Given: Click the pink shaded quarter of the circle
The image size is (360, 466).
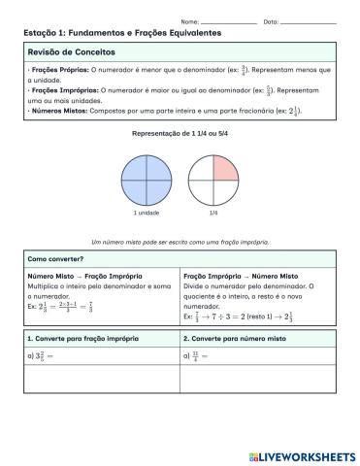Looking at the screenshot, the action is (x=224, y=168).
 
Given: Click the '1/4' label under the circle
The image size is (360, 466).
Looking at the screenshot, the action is (x=213, y=213).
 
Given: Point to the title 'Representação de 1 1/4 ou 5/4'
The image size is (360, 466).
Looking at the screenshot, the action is (x=180, y=132).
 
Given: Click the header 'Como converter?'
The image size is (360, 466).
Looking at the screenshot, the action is (x=54, y=260).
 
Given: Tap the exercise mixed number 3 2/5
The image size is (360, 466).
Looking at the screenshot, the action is (x=43, y=355).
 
